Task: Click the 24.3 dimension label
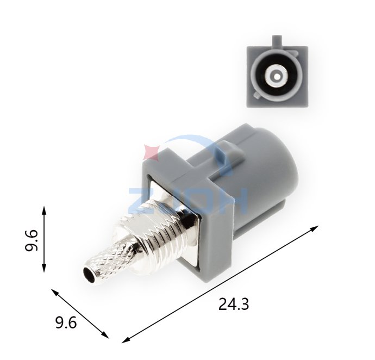coord(233,304)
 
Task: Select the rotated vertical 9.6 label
coord(32,240)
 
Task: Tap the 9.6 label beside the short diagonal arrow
coord(66,322)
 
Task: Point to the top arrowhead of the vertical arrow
coord(44,210)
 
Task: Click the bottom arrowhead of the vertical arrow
coord(44,267)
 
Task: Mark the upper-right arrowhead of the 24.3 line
coord(314,228)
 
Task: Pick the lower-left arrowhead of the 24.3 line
coord(126,340)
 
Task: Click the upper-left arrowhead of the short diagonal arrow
coord(55,292)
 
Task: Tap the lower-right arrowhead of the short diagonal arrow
coord(105,335)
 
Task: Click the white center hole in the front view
coord(277,77)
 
